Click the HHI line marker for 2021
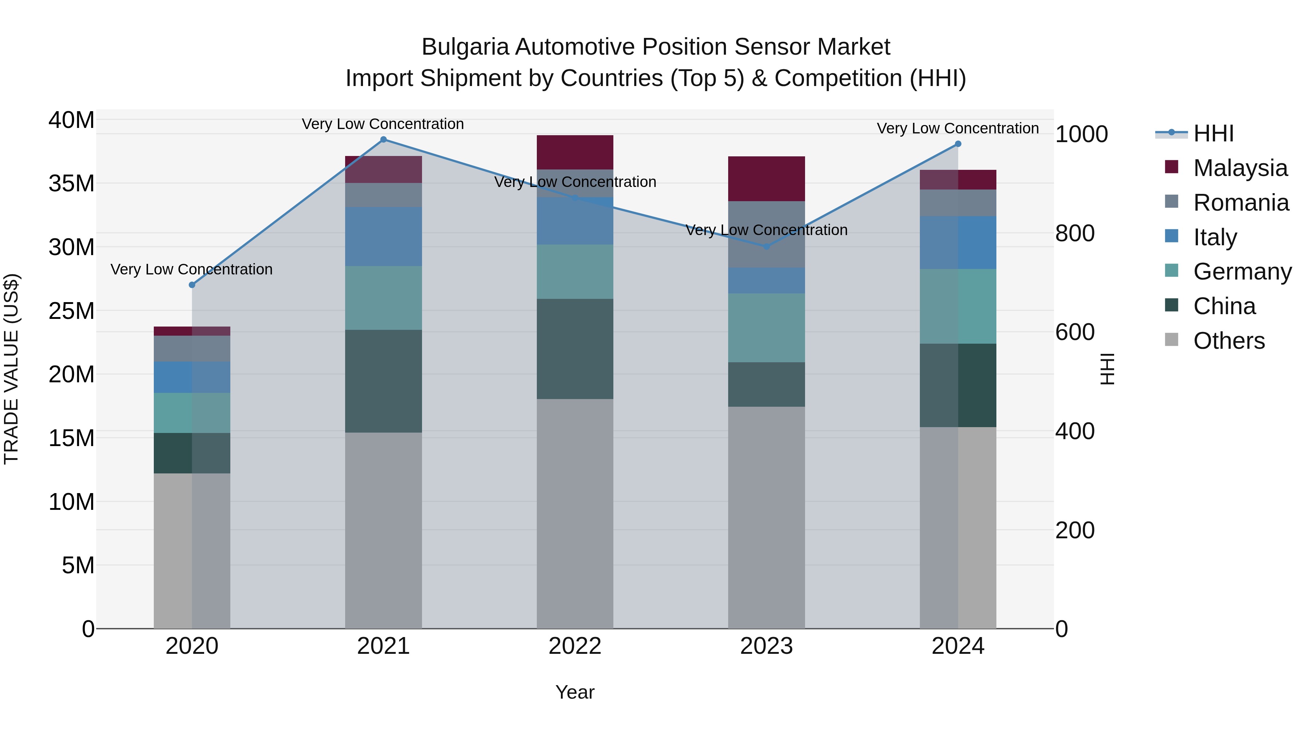coord(383,140)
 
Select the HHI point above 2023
coord(766,246)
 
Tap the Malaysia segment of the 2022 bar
coord(575,152)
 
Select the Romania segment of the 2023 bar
coord(766,234)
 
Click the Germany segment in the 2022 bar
coord(575,272)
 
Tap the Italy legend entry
coord(1215,237)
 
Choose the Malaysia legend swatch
coord(1171,167)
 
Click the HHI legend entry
coord(1213,133)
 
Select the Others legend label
coord(1229,341)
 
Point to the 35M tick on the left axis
coord(71,183)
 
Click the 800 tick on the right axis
coord(1075,233)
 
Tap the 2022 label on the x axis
coord(575,646)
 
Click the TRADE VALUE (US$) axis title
coord(11,369)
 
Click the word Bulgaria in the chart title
coord(465,47)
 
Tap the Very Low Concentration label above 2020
coord(191,269)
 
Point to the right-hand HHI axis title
coord(1107,369)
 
